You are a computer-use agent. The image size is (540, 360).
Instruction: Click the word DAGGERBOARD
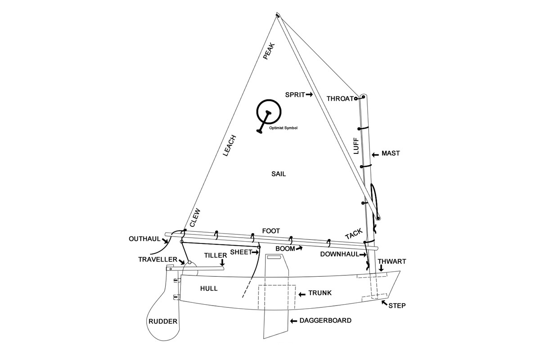(325, 320)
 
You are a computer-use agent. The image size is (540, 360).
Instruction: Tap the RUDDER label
(163, 321)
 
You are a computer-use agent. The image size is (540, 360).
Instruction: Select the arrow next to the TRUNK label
(302, 294)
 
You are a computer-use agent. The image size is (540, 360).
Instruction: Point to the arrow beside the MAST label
(375, 155)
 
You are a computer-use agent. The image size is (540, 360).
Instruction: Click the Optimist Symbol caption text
(283, 128)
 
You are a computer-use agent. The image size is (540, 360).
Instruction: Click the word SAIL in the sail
(279, 174)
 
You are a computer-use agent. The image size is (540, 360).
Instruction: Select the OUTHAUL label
(144, 239)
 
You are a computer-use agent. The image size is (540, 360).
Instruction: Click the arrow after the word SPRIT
(309, 95)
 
